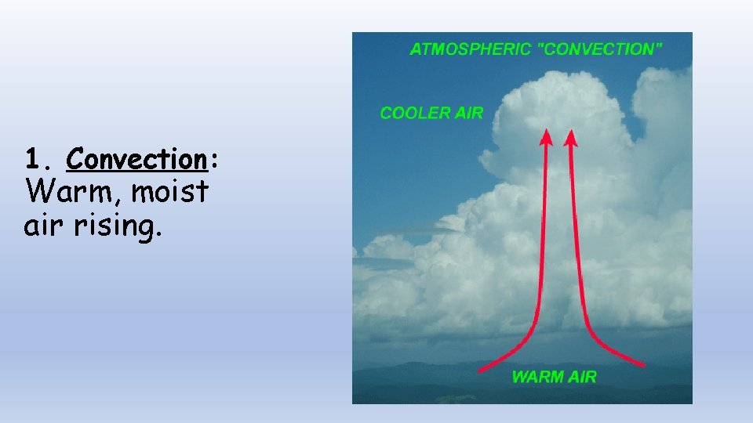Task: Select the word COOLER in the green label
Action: click(416, 114)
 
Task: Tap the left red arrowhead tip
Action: click(544, 131)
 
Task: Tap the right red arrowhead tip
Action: click(570, 131)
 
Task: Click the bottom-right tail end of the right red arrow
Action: click(643, 364)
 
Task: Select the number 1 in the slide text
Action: click(31, 160)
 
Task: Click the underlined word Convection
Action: click(136, 160)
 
